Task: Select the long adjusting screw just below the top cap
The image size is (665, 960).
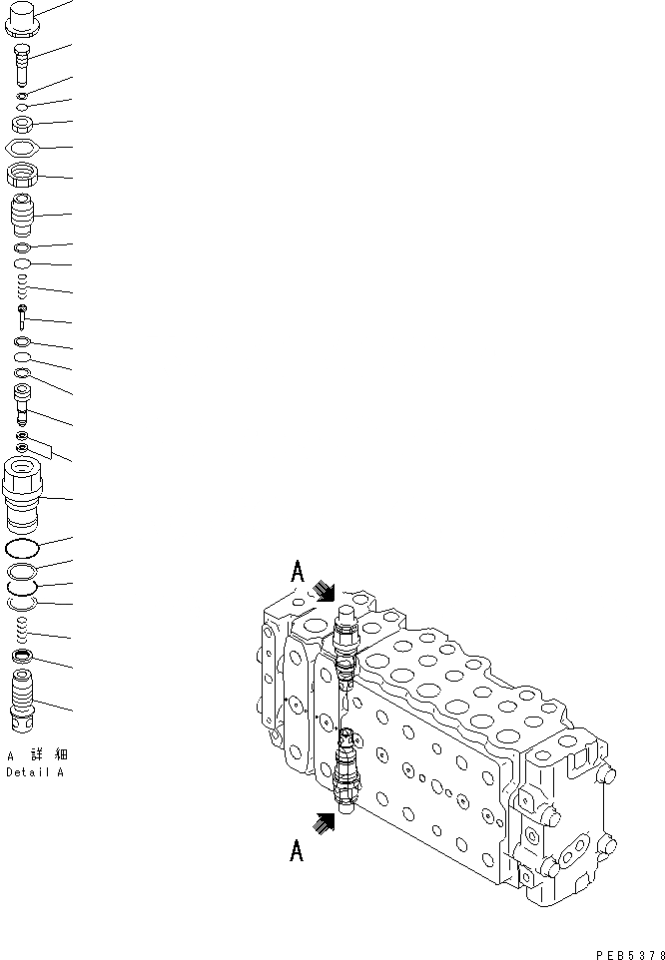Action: pyautogui.click(x=23, y=68)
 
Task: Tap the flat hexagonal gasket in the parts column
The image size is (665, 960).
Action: pyautogui.click(x=23, y=149)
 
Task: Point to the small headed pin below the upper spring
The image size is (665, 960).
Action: pyautogui.click(x=22, y=316)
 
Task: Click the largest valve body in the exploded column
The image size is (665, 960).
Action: pyautogui.click(x=24, y=494)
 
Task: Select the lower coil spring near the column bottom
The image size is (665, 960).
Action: pyautogui.click(x=23, y=629)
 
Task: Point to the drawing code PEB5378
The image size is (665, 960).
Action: pyautogui.click(x=628, y=954)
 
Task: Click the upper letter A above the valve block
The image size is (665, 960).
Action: pyautogui.click(x=298, y=572)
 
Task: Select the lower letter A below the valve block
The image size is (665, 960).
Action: pyautogui.click(x=297, y=850)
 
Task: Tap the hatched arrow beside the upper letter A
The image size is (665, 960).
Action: pyautogui.click(x=325, y=590)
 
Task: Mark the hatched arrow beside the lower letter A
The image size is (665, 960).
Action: pyautogui.click(x=324, y=822)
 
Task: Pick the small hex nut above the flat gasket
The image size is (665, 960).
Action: pyautogui.click(x=23, y=125)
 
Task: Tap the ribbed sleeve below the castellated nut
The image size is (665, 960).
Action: pyautogui.click(x=23, y=215)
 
